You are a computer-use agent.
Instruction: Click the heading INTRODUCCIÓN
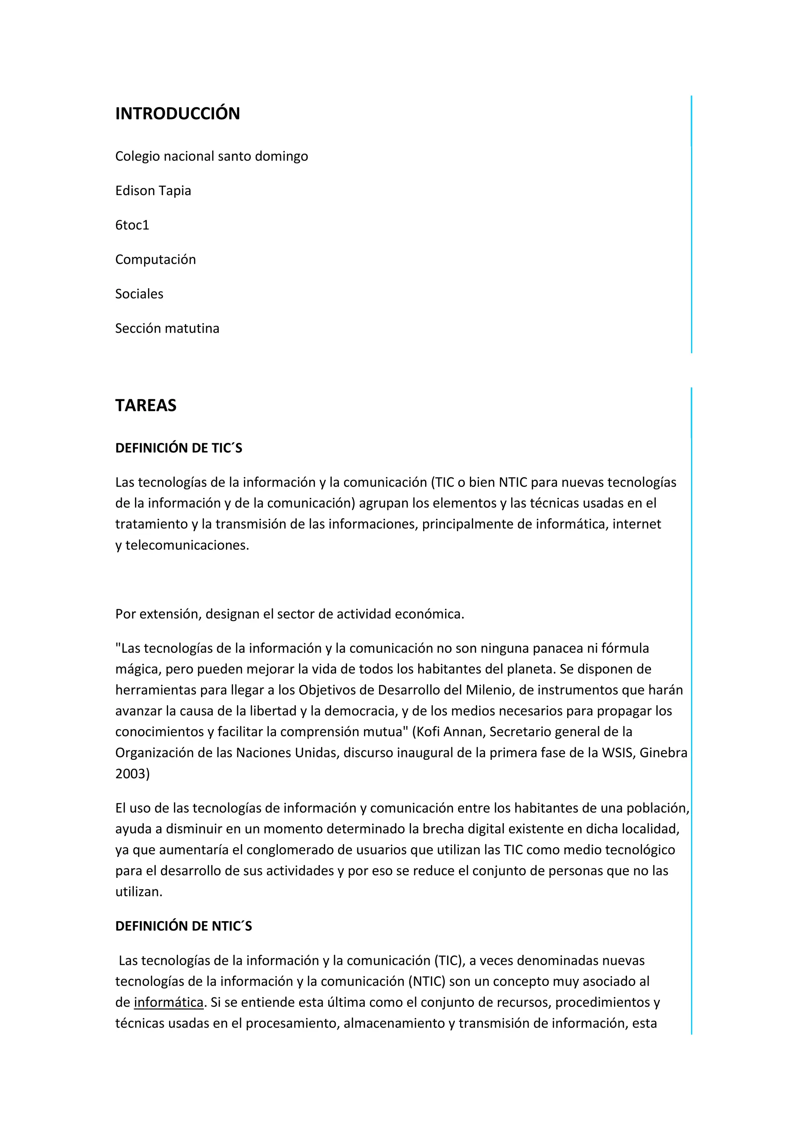[177, 114]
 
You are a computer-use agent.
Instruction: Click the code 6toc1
[132, 225]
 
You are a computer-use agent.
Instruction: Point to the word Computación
[155, 260]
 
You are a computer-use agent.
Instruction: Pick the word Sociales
[139, 294]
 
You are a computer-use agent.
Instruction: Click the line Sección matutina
[167, 328]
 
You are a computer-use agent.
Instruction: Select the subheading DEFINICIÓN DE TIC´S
[179, 448]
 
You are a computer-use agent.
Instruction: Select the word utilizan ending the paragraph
[138, 892]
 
